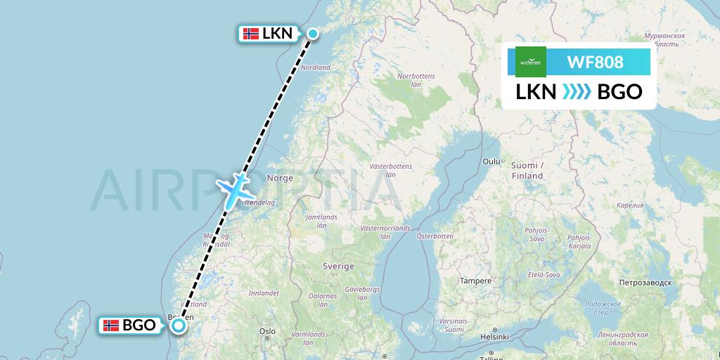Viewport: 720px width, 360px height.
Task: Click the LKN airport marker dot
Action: [x=312, y=32]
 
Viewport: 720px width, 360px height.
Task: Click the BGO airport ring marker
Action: [x=179, y=325]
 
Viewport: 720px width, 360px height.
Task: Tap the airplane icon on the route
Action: [x=234, y=188]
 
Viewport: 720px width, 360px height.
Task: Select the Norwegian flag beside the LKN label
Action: [x=250, y=33]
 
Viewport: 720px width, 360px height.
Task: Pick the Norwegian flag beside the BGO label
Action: [x=110, y=325]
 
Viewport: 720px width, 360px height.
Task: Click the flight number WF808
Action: [x=594, y=62]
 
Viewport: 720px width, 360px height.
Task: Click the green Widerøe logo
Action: [x=531, y=62]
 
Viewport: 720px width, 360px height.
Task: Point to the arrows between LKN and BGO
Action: [x=577, y=92]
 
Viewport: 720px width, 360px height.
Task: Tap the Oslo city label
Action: [x=266, y=330]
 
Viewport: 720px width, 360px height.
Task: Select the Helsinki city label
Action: [x=494, y=337]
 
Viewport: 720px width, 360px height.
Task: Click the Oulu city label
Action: [x=490, y=161]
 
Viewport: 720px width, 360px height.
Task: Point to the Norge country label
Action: [x=280, y=179]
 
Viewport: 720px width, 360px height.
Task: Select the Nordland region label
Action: [x=315, y=67]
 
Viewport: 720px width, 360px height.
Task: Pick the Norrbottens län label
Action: [x=416, y=79]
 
